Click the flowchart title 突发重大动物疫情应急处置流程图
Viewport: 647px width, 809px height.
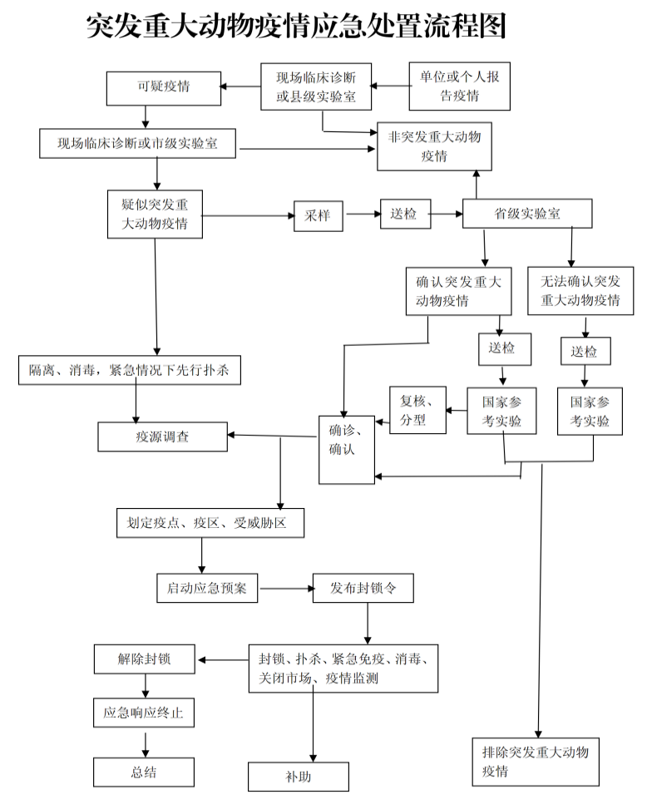(296, 27)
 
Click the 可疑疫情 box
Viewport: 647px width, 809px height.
(164, 87)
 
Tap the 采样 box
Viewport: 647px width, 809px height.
(318, 215)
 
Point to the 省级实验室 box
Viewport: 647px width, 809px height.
(527, 214)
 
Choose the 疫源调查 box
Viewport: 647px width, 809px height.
(162, 437)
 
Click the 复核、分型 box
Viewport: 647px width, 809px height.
(418, 411)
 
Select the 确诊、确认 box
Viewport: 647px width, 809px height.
(347, 448)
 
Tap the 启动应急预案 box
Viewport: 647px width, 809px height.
(207, 588)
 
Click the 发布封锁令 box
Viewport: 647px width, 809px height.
(363, 588)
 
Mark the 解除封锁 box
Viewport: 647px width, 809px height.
(145, 659)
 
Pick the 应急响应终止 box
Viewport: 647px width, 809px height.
(144, 713)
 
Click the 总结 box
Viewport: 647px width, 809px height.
(144, 772)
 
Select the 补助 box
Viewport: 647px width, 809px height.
(298, 777)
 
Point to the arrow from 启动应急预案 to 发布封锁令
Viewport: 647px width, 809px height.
(285, 588)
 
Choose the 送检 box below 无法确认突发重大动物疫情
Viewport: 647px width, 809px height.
(585, 351)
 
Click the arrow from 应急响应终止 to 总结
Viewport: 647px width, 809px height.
(146, 742)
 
